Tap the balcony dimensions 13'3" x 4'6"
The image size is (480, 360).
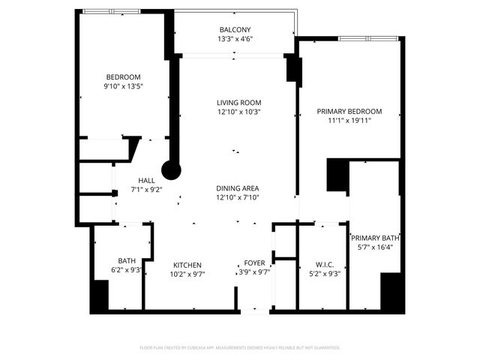coord(234,39)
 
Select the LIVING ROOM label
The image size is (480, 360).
coord(238,103)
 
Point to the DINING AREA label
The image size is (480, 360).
coord(238,187)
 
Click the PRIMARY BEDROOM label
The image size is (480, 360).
coord(349,111)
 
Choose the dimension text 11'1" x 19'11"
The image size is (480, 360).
coord(349,120)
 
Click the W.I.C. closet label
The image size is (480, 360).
coord(324,264)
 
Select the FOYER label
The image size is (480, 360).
coord(254,264)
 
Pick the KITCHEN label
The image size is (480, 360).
coord(187,265)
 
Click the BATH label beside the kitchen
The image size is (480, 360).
coord(126,260)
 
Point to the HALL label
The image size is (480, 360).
coord(146,181)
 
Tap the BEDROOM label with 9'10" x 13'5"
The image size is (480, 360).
coord(123,77)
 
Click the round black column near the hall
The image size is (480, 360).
coord(172,171)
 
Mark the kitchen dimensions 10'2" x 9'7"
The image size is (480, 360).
coord(187,274)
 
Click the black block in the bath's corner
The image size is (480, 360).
coord(99,295)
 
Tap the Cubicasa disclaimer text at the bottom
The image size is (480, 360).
coord(240,347)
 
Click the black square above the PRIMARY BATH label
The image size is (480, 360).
coord(337,176)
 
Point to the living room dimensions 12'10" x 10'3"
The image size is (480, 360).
coord(238,112)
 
